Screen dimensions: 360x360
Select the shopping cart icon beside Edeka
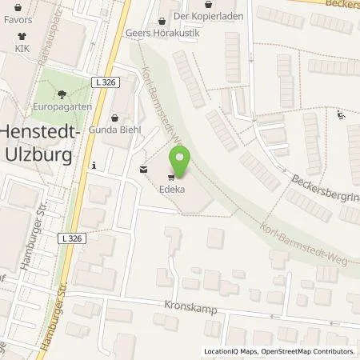[x=171, y=178]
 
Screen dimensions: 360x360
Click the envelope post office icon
[x=143, y=169]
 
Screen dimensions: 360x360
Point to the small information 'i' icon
[x=95, y=166]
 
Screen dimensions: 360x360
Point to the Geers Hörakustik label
[x=161, y=34]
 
